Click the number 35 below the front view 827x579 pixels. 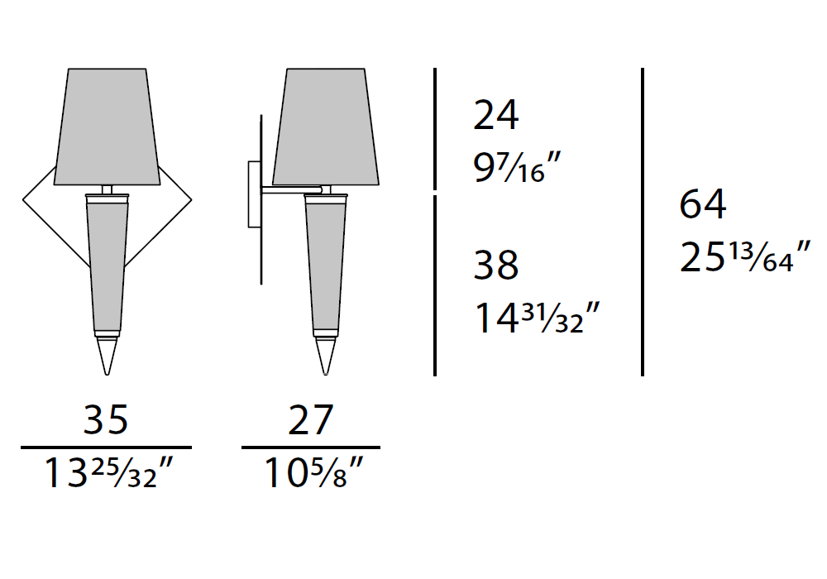(106, 419)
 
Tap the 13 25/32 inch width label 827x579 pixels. (108, 472)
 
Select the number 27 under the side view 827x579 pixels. (311, 419)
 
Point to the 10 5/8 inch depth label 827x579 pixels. (313, 472)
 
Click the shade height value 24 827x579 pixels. (495, 115)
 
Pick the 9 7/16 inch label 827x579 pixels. (517, 166)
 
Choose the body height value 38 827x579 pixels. (495, 265)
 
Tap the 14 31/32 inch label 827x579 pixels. (537, 318)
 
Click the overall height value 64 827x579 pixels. (702, 204)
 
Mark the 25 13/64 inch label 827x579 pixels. (745, 256)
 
